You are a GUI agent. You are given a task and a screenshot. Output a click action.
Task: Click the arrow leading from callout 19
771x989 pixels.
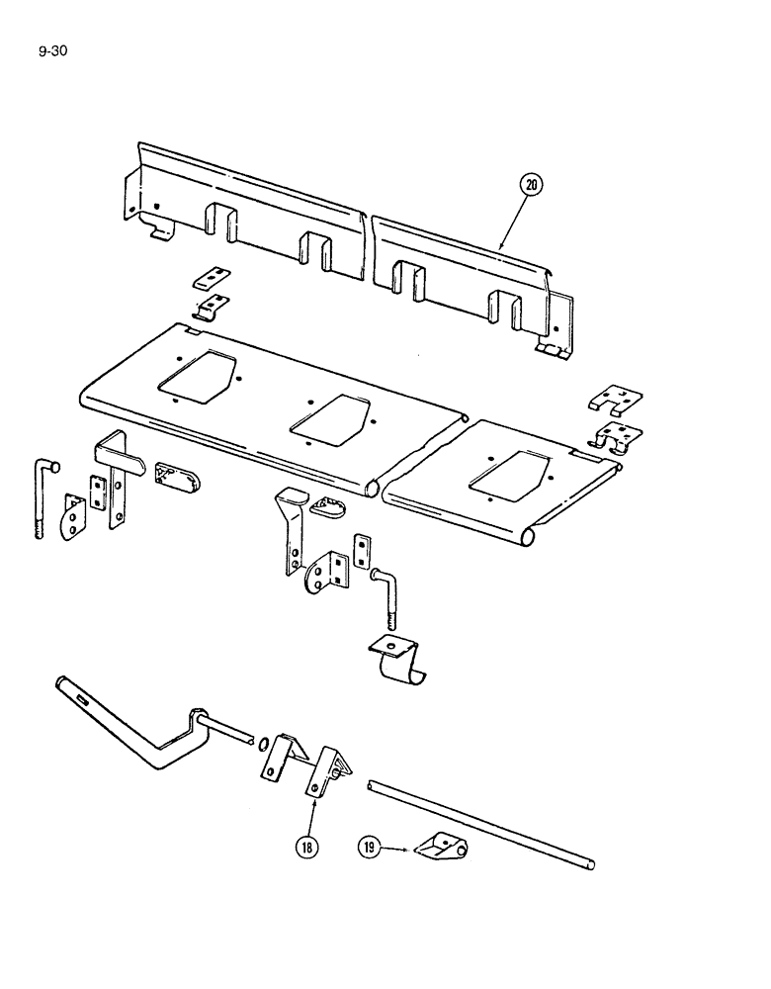pyautogui.click(x=395, y=847)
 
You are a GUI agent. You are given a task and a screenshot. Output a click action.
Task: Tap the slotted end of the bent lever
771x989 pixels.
pyautogui.click(x=77, y=694)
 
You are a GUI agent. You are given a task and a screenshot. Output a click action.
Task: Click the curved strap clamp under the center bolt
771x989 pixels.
pyautogui.click(x=400, y=664)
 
